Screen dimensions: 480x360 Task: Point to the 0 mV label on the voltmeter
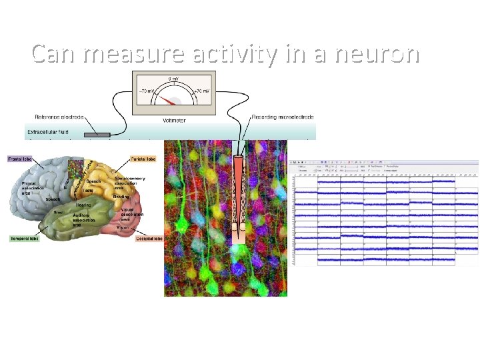(173, 79)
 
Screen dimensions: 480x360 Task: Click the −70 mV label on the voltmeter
(147, 91)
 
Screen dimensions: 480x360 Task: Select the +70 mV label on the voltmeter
(201, 91)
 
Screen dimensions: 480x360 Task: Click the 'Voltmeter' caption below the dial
(175, 121)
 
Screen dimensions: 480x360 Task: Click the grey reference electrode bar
(97, 135)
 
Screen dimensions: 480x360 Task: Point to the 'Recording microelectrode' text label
(282, 117)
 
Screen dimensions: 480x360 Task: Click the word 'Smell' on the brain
(60, 212)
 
